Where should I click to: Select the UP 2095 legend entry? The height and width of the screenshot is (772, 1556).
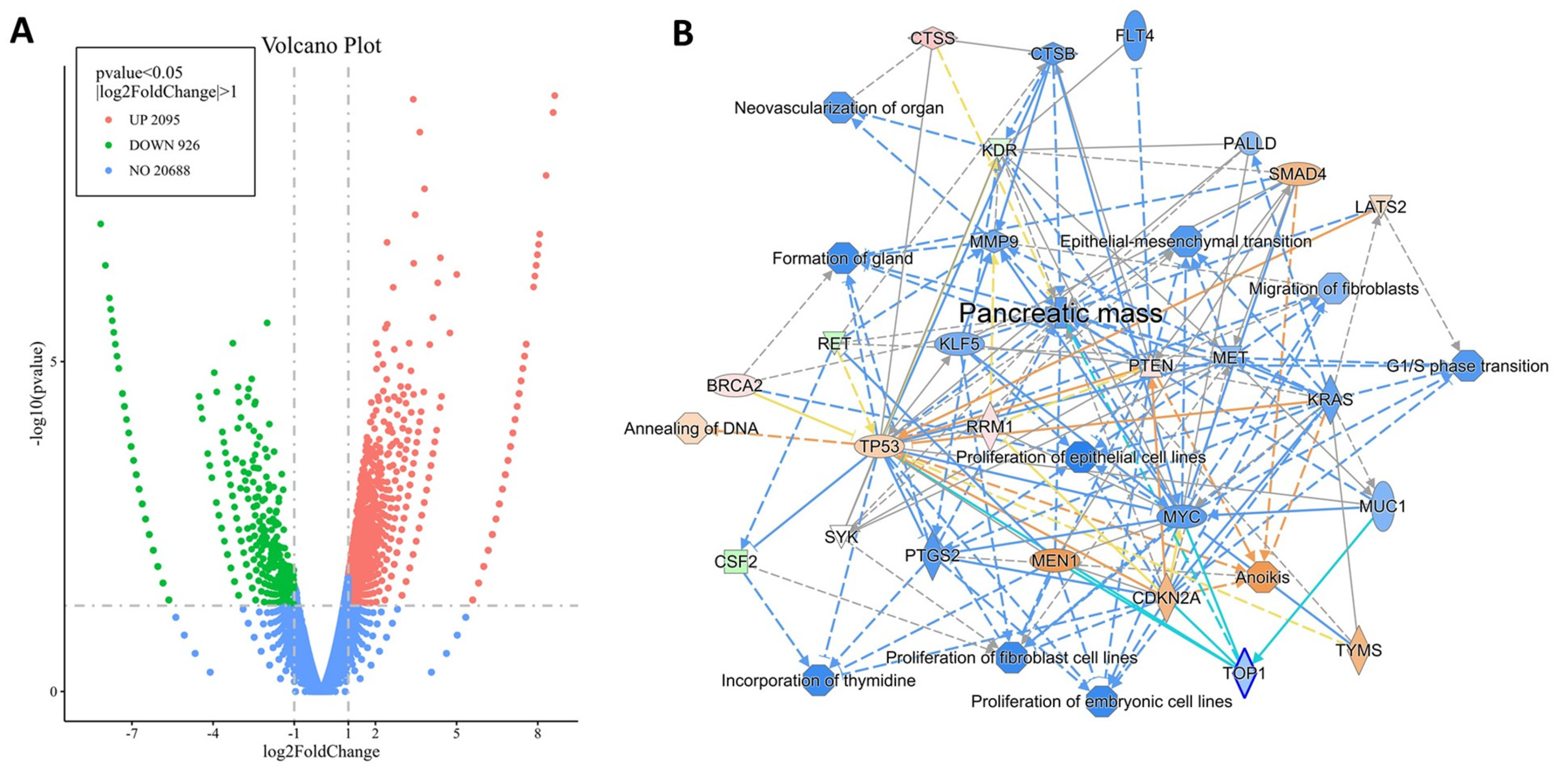pyautogui.click(x=154, y=119)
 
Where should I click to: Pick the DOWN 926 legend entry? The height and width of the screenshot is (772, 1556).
pyautogui.click(x=164, y=145)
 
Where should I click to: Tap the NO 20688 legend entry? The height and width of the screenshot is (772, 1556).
pyautogui.click(x=159, y=170)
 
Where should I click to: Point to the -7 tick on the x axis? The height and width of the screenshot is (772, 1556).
pyautogui.click(x=132, y=734)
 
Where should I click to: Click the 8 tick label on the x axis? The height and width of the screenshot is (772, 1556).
pyautogui.click(x=538, y=734)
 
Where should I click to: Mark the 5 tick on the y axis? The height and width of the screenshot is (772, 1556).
pyautogui.click(x=53, y=362)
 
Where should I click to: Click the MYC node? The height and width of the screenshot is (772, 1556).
pyautogui.click(x=1181, y=517)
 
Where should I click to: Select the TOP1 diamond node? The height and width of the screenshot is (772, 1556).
pyautogui.click(x=1244, y=673)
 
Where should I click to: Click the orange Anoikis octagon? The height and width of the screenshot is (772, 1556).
pyautogui.click(x=1261, y=577)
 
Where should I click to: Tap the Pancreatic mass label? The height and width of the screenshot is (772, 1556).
pyautogui.click(x=1060, y=313)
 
